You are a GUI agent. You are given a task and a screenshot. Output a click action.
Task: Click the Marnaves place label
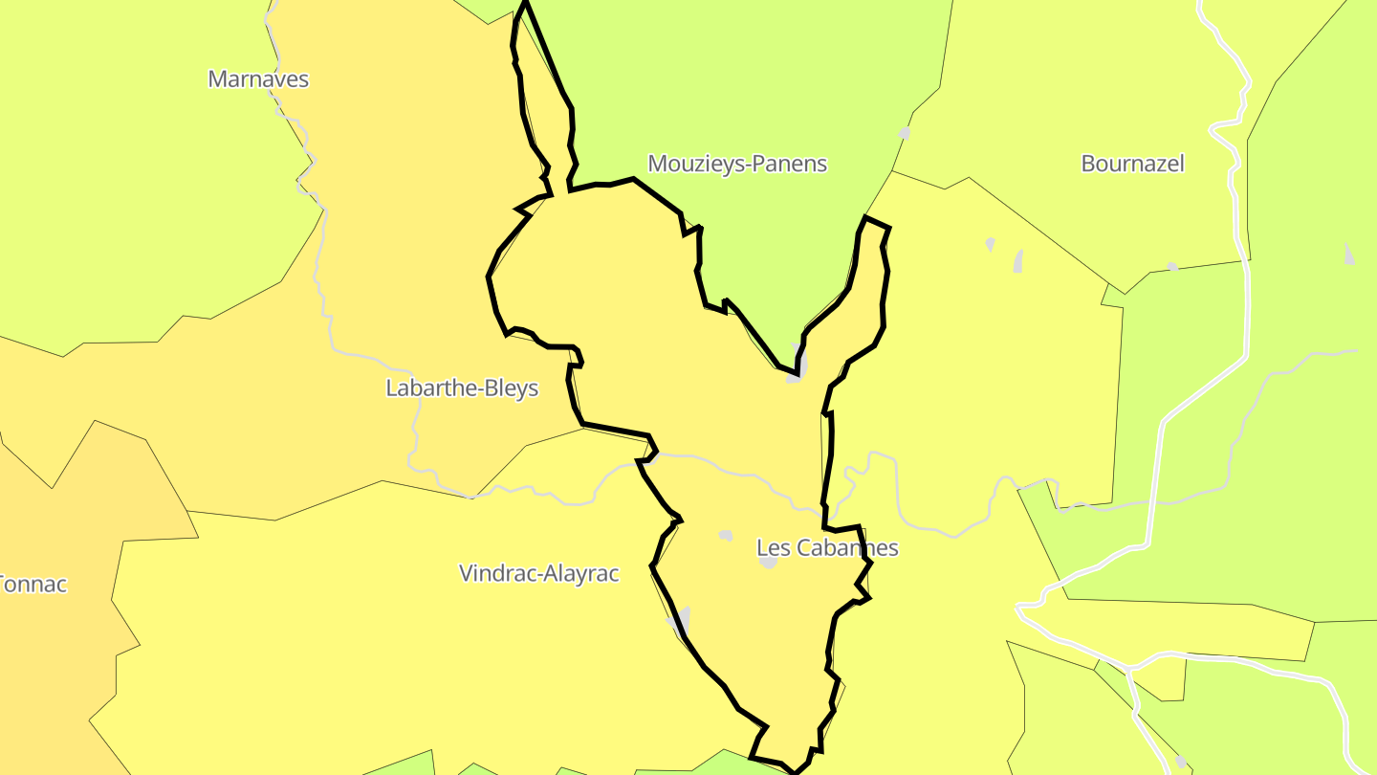(x=258, y=79)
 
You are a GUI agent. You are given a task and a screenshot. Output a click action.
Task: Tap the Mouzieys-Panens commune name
(x=737, y=164)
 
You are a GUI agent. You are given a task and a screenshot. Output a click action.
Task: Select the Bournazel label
(x=1132, y=164)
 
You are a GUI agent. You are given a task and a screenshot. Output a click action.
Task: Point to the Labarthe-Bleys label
(x=462, y=387)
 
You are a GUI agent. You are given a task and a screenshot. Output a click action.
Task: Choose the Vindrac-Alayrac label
(x=539, y=573)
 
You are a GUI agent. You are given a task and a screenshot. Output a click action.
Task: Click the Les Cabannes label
(x=827, y=548)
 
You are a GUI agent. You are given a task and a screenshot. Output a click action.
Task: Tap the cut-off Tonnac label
(x=32, y=584)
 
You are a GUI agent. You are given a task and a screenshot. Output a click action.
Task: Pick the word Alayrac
(x=582, y=573)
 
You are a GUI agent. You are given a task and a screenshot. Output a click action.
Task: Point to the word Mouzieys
(x=690, y=164)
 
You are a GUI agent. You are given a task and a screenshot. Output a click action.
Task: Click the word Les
(x=772, y=548)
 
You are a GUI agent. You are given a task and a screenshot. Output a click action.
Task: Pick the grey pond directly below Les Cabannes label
(x=769, y=564)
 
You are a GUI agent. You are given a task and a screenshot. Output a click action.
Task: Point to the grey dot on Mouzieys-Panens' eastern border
(x=905, y=133)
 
